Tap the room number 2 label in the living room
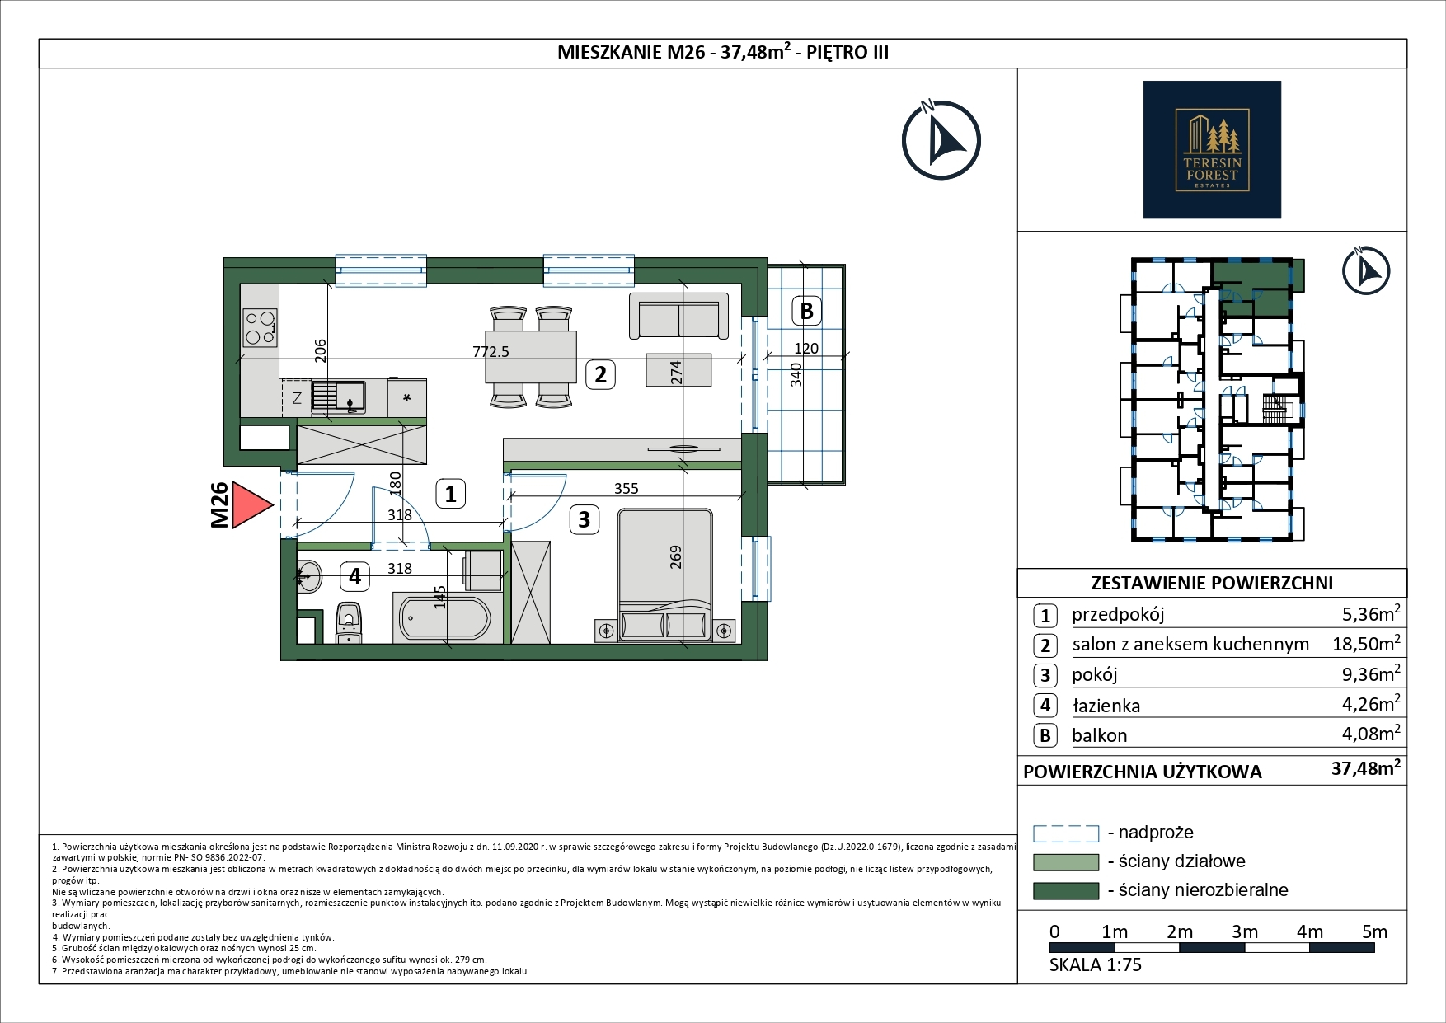click(600, 374)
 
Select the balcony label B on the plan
click(807, 311)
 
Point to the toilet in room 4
click(349, 623)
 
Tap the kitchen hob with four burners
click(260, 327)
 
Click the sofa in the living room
click(678, 316)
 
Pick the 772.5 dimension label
click(491, 351)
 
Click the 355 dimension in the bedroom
click(627, 488)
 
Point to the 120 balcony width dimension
click(805, 348)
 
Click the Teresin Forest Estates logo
click(1212, 149)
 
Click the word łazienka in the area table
click(1106, 706)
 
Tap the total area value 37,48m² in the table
click(1366, 768)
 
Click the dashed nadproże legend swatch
click(1066, 833)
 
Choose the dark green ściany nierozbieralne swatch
click(1066, 891)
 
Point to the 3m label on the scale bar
click(1245, 931)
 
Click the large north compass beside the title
click(941, 139)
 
